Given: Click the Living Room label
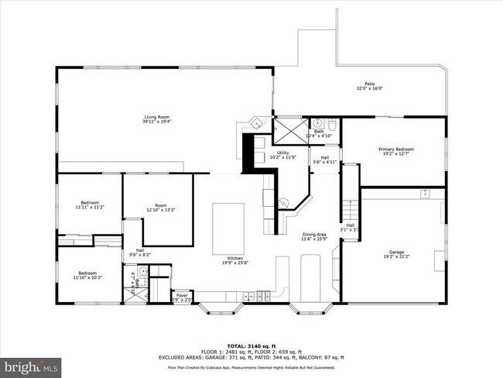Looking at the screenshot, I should click(156, 119).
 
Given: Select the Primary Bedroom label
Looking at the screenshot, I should click(395, 151).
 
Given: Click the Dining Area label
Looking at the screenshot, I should click(313, 236).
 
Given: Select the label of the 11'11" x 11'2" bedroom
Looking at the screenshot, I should click(90, 205).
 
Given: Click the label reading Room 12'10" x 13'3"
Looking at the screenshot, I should click(160, 208).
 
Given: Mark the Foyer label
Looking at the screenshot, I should click(182, 296).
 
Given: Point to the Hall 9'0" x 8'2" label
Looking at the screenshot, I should click(140, 252).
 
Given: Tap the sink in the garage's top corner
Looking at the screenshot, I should click(425, 193).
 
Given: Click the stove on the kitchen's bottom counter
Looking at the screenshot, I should click(264, 296).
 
